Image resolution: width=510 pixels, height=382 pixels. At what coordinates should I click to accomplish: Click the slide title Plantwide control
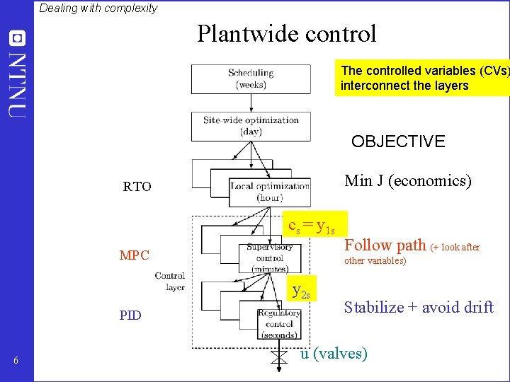pyautogui.click(x=287, y=34)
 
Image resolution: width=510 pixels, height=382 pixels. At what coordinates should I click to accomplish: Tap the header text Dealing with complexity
pyautogui.click(x=98, y=8)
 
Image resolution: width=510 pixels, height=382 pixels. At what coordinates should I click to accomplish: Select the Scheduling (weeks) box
pyautogui.click(x=251, y=79)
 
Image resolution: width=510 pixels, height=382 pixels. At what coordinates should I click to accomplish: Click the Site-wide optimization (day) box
pyautogui.click(x=251, y=126)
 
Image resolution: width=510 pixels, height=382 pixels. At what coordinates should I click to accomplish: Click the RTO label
pyautogui.click(x=137, y=187)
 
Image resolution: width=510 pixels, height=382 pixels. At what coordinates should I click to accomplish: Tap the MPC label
pyautogui.click(x=135, y=255)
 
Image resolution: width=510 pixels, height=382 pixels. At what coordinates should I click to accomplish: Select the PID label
pyautogui.click(x=130, y=316)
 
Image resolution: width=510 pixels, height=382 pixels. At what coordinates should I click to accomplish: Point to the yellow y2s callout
pyautogui.click(x=301, y=289)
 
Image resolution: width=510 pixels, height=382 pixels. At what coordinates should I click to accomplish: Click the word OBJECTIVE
pyautogui.click(x=398, y=141)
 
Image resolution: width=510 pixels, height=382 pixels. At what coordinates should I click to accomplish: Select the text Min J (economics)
pyautogui.click(x=407, y=181)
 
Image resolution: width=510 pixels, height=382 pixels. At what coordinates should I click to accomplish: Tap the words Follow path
pyautogui.click(x=385, y=245)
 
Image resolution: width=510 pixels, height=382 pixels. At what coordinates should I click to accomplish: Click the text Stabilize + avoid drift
pyautogui.click(x=419, y=308)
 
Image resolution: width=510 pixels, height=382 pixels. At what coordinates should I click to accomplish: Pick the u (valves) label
pyautogui.click(x=334, y=354)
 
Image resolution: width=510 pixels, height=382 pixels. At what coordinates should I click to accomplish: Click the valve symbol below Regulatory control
pyautogui.click(x=279, y=359)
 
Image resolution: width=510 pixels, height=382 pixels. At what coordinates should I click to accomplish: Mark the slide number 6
pyautogui.click(x=16, y=362)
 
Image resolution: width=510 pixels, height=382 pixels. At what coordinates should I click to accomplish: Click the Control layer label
pyautogui.click(x=170, y=282)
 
